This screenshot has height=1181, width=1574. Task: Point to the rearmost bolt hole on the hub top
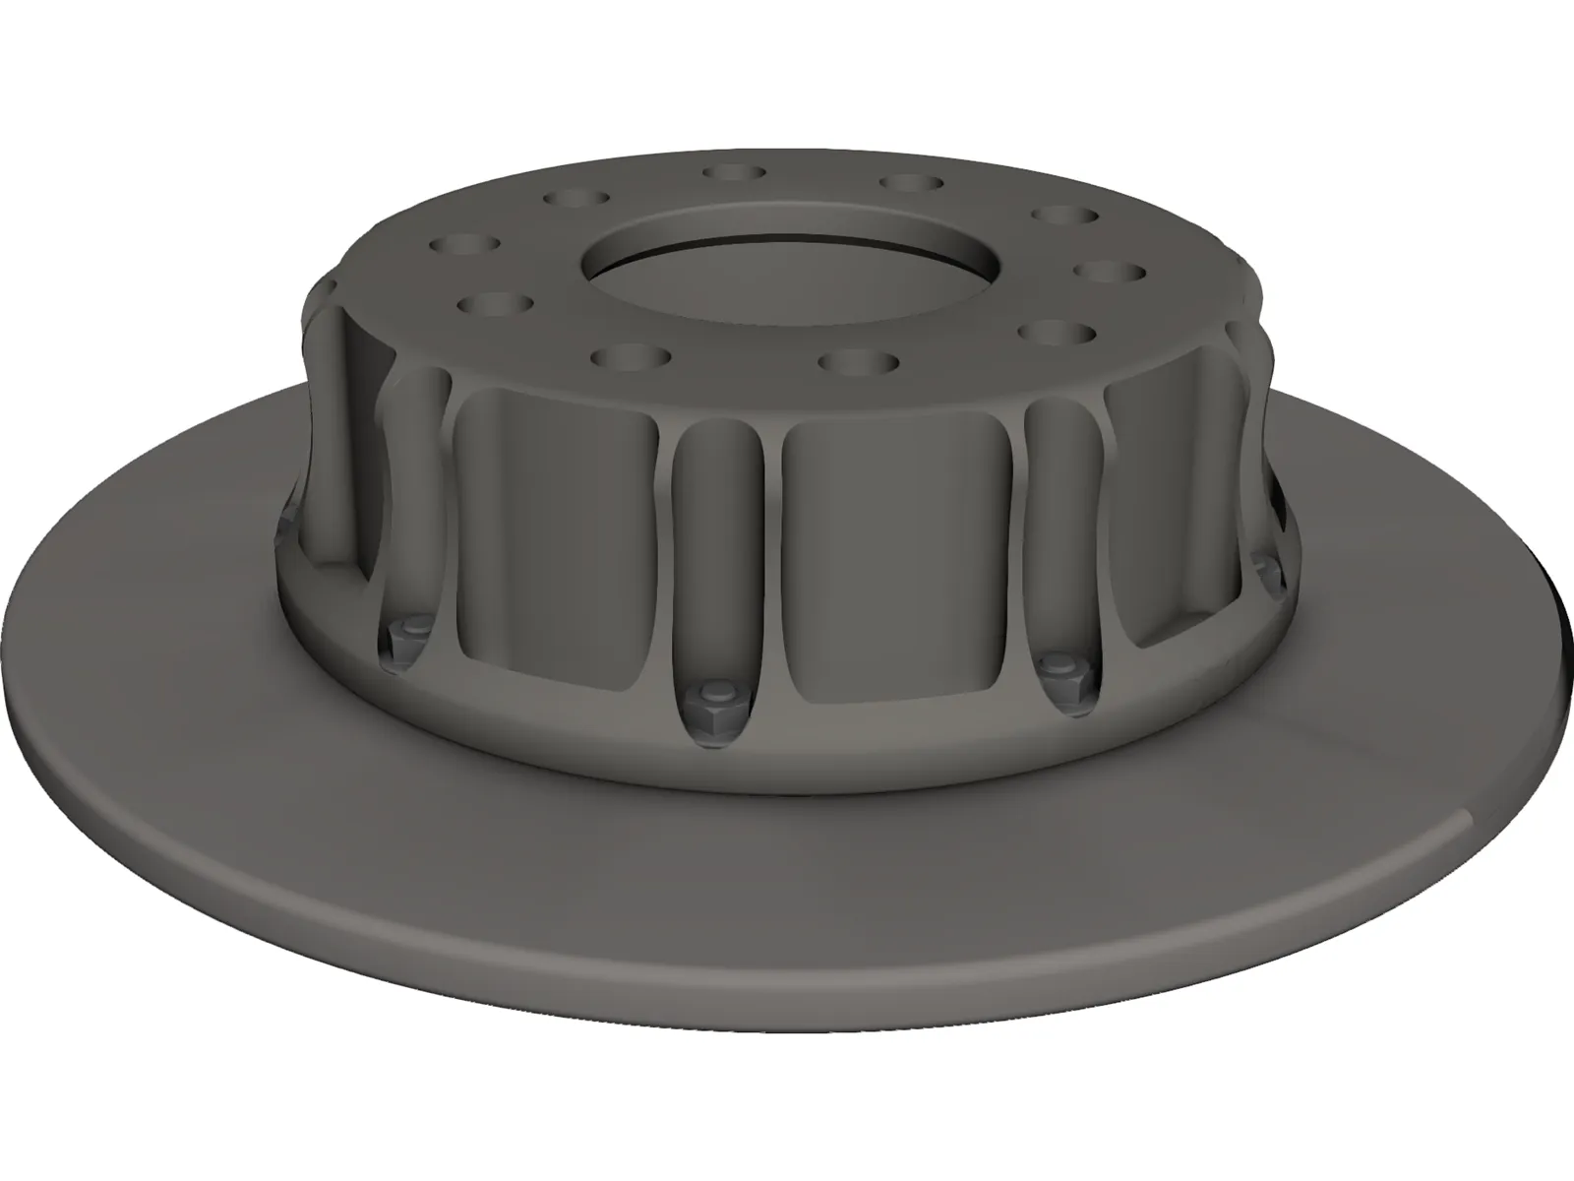(x=735, y=172)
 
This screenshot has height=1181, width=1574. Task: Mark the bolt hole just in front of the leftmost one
(x=494, y=303)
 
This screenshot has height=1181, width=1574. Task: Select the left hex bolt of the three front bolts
(x=406, y=634)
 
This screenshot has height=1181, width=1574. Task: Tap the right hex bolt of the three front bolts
(x=1063, y=670)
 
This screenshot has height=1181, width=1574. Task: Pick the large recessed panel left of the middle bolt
(x=556, y=531)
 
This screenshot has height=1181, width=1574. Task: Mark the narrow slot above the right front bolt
(x=1060, y=531)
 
